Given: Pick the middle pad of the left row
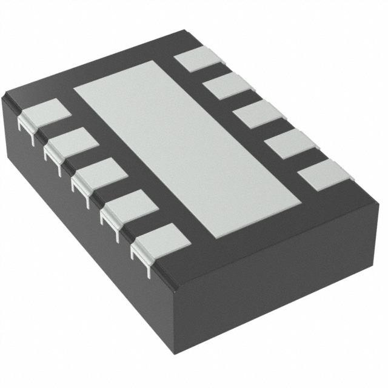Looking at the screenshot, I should pyautogui.click(x=101, y=172).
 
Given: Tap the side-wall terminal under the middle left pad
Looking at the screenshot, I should pyautogui.click(x=82, y=188).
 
